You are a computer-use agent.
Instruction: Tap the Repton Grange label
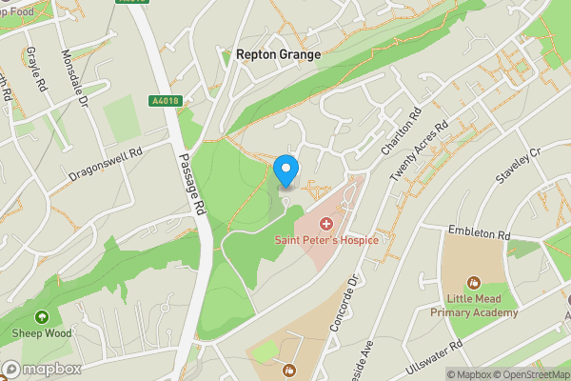[278, 56]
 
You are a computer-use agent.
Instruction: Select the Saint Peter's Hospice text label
[326, 239]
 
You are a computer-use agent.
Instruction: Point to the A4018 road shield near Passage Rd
[164, 100]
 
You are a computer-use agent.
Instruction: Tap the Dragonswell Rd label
[105, 164]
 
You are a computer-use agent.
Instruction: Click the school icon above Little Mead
[474, 282]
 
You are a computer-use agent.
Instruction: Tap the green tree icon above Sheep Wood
[40, 317]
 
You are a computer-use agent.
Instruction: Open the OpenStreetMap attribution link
[528, 374]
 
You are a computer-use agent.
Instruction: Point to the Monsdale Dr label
[73, 78]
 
